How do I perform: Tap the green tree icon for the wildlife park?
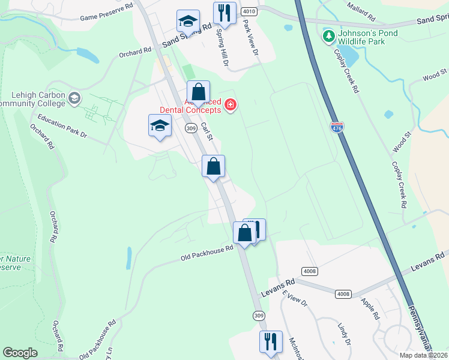(x=328, y=37)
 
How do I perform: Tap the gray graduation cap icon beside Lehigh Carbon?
(x=74, y=98)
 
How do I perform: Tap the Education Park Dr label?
(x=62, y=127)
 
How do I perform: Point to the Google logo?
(x=20, y=353)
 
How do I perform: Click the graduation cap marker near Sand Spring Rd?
(x=188, y=22)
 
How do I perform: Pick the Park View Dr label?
(x=250, y=41)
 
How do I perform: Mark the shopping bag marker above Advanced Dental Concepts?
(x=198, y=93)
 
